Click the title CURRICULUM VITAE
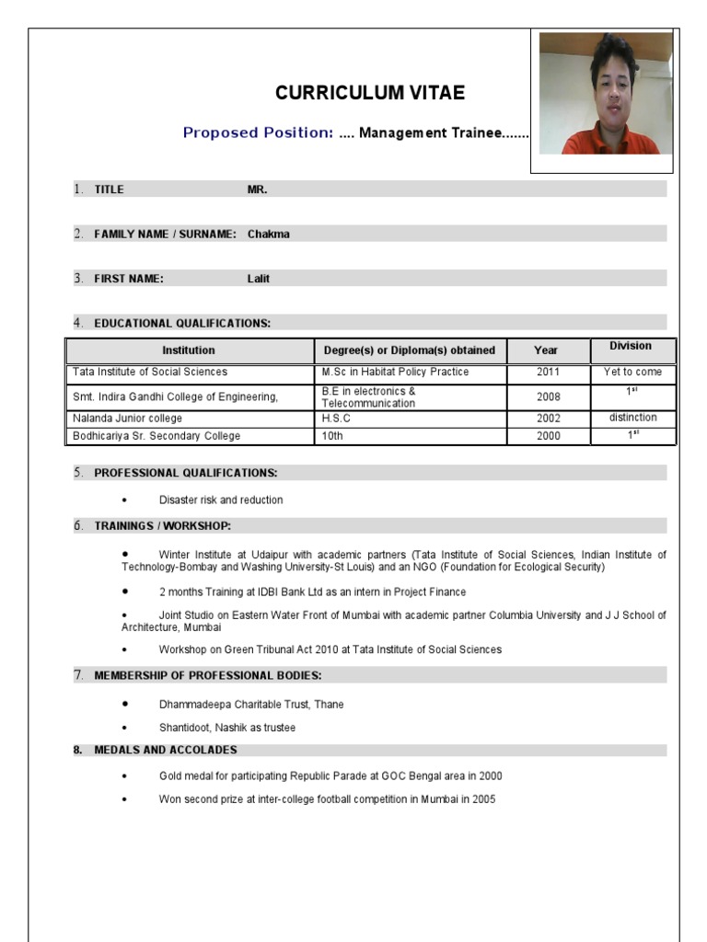pyautogui.click(x=370, y=93)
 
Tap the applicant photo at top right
pyautogui.click(x=605, y=94)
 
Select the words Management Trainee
pyautogui.click(x=430, y=133)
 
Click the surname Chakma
pyautogui.click(x=268, y=234)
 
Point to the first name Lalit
pyautogui.click(x=258, y=279)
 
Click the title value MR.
pyautogui.click(x=257, y=189)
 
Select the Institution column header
pyautogui.click(x=189, y=350)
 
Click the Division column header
pyautogui.click(x=630, y=346)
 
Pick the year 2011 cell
pyautogui.click(x=548, y=373)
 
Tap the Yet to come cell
pyautogui.click(x=632, y=373)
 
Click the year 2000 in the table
pyautogui.click(x=548, y=436)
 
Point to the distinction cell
pyautogui.click(x=632, y=418)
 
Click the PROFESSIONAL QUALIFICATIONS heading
pyautogui.click(x=185, y=473)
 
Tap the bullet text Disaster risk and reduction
pyautogui.click(x=221, y=500)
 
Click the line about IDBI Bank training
pyautogui.click(x=312, y=592)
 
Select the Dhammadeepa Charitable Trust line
pyautogui.click(x=251, y=705)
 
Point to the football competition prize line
pyautogui.click(x=327, y=799)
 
